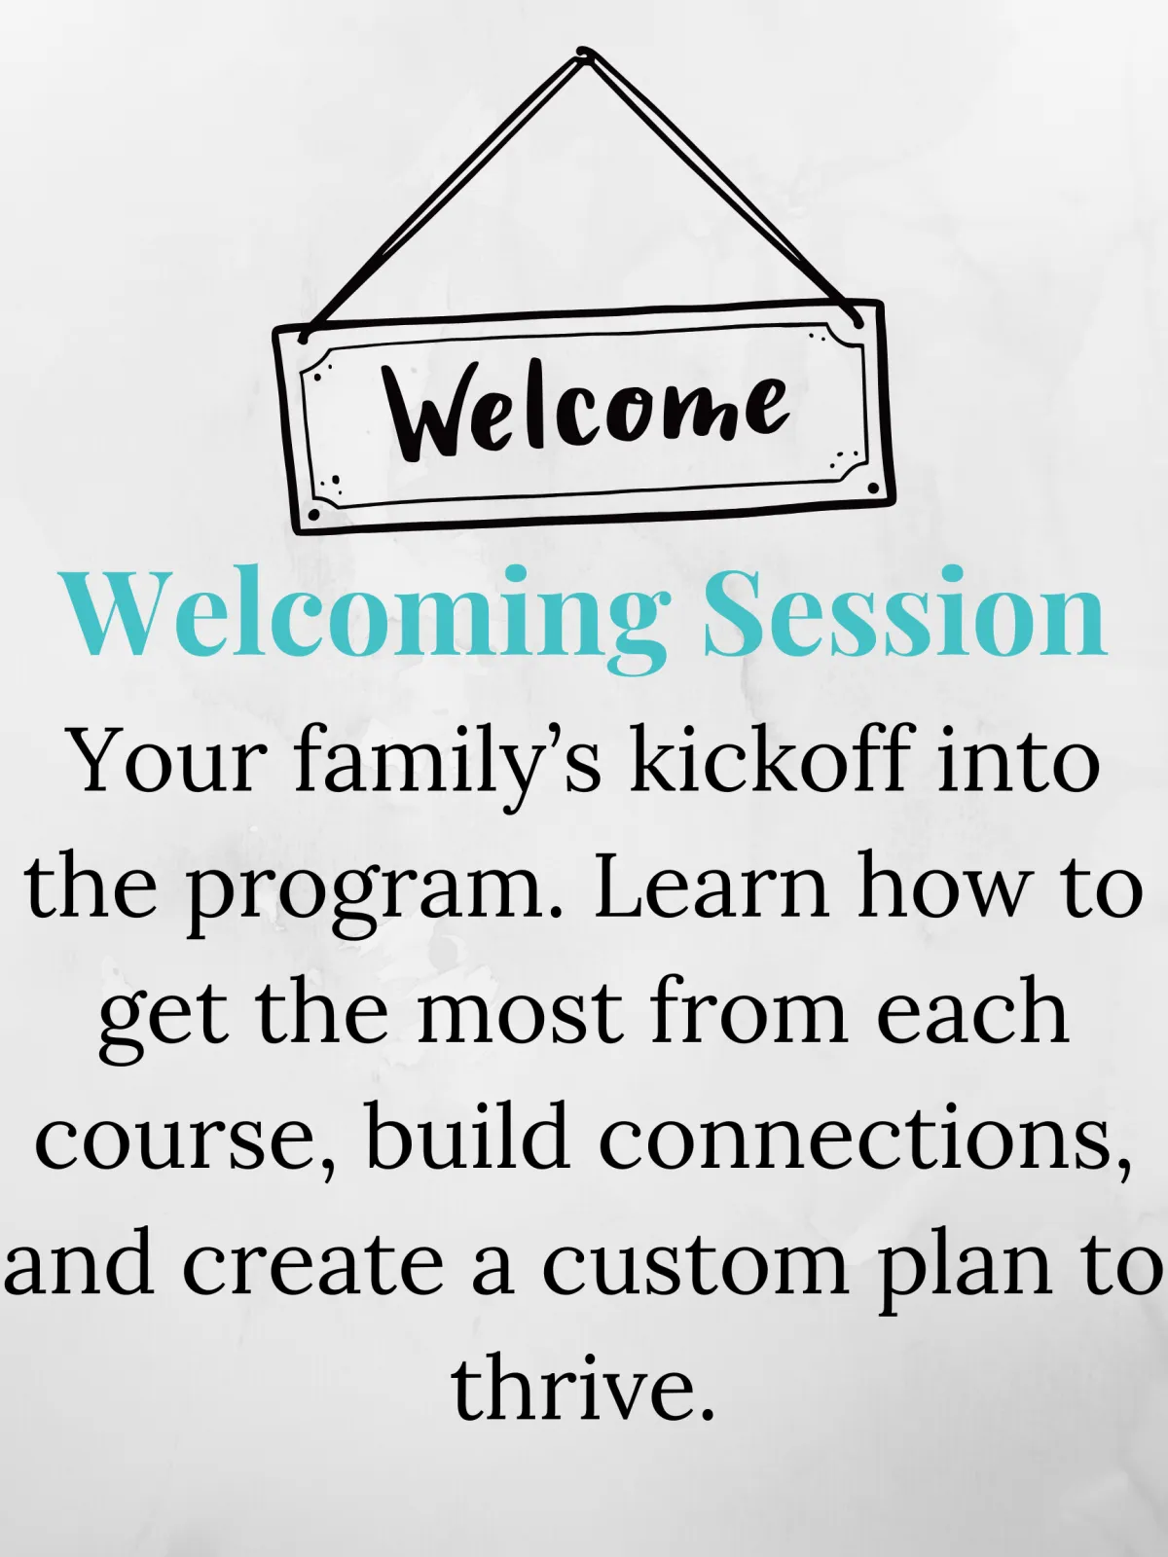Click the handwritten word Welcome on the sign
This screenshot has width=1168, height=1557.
(586, 415)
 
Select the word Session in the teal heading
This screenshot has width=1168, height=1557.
(905, 611)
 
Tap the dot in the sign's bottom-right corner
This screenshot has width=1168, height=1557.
(873, 489)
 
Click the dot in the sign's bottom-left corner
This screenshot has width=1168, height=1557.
(312, 515)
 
